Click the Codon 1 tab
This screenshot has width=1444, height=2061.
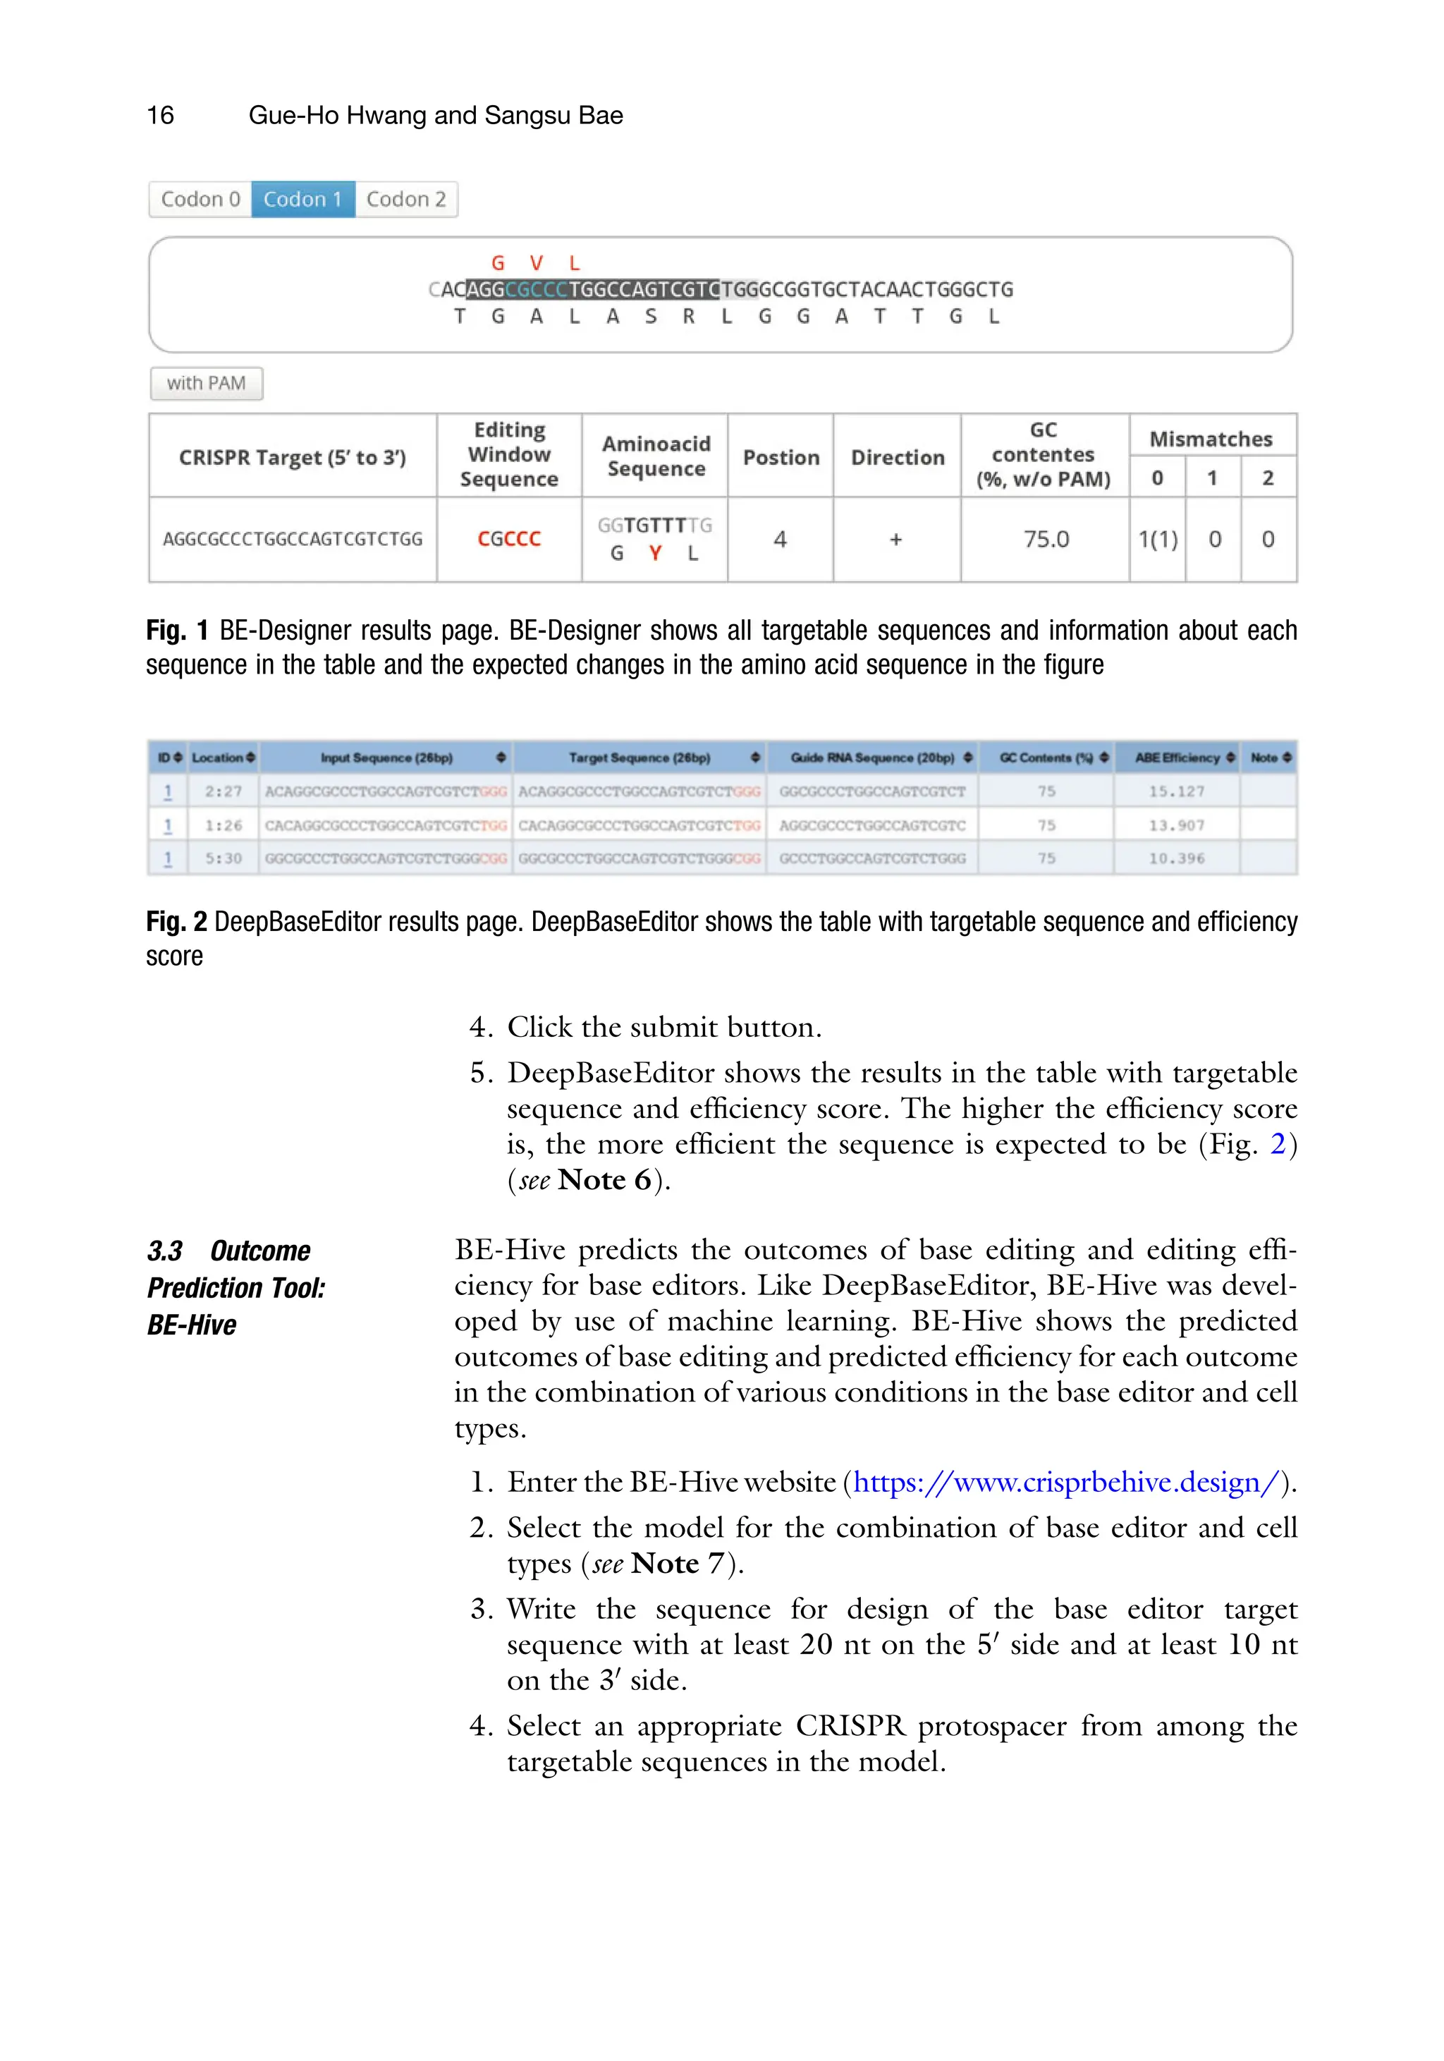(x=302, y=200)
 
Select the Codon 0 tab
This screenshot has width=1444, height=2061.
(x=200, y=200)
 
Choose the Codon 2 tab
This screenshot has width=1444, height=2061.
(x=405, y=200)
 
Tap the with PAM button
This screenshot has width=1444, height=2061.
(x=205, y=383)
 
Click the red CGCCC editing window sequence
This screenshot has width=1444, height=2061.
(x=509, y=539)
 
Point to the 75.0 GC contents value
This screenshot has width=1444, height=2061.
(x=1046, y=539)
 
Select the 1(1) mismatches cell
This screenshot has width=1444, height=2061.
(x=1157, y=539)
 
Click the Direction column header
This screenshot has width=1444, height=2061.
(x=898, y=457)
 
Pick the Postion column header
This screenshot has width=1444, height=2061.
(x=781, y=457)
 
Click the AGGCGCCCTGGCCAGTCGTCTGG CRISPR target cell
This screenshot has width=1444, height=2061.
(x=293, y=539)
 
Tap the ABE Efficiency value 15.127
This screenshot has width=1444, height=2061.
(x=1175, y=791)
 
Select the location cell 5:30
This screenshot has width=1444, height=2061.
(x=223, y=858)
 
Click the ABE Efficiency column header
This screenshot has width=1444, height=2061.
(x=1177, y=758)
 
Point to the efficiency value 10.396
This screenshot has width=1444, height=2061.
(x=1175, y=858)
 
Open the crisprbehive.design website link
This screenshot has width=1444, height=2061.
(x=1065, y=1481)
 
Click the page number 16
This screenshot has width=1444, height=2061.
(x=160, y=115)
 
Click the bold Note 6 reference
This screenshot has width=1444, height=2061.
(x=604, y=1179)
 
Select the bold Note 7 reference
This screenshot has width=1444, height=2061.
(x=677, y=1563)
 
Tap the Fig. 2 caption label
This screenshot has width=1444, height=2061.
(x=176, y=922)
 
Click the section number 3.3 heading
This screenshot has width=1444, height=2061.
(x=165, y=1251)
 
